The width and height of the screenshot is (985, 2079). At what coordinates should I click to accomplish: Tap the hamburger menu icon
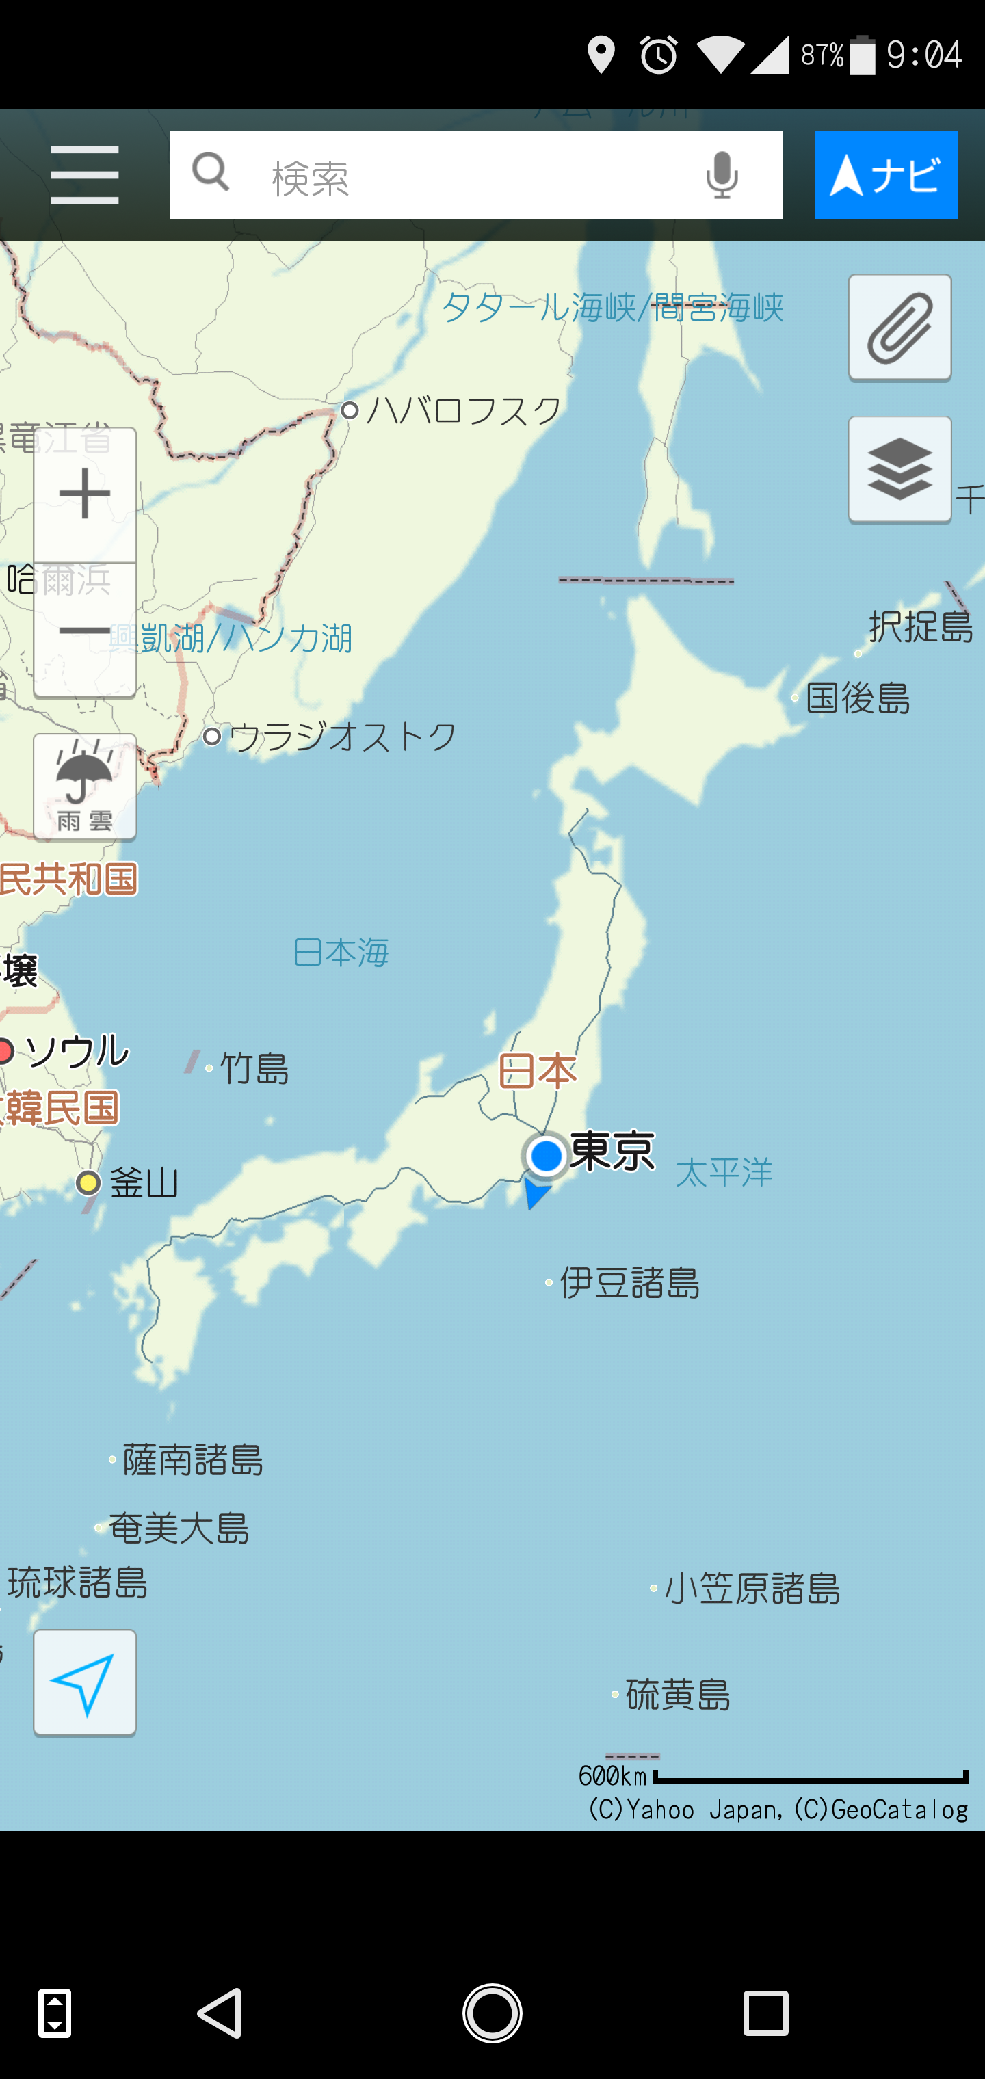click(84, 175)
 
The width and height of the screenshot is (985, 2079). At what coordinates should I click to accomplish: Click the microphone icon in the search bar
click(721, 175)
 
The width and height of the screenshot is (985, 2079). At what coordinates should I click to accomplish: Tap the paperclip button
click(899, 328)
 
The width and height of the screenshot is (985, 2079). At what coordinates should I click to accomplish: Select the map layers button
click(899, 470)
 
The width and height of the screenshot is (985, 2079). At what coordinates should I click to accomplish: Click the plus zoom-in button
click(85, 494)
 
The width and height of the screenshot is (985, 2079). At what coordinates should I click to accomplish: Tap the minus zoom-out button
click(85, 631)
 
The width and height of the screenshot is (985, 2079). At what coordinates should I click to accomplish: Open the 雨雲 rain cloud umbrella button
click(85, 787)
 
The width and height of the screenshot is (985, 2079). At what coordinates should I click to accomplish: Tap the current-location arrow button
click(85, 1683)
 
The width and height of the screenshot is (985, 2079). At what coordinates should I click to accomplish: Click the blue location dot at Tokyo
click(547, 1156)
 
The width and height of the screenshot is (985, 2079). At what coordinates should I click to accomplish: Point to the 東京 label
click(612, 1151)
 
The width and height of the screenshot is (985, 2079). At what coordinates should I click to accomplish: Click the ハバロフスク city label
click(464, 411)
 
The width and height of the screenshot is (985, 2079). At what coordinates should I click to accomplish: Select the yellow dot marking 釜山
click(88, 1183)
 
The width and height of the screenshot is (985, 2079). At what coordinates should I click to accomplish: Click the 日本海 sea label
click(341, 953)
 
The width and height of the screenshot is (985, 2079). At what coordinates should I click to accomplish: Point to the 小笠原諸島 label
click(752, 1588)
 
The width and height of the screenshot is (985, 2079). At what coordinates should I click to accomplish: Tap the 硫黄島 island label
click(678, 1693)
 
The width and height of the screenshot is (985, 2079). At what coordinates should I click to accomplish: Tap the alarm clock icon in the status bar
click(659, 55)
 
